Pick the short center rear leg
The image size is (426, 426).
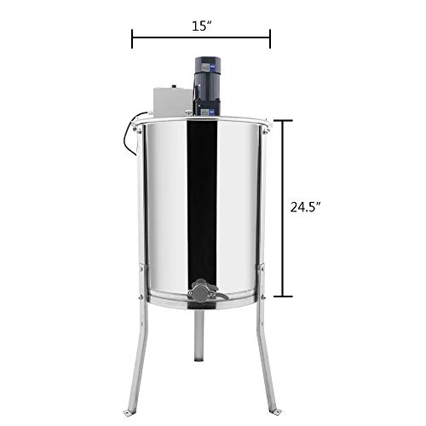tap(201, 345)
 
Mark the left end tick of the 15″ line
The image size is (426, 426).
tap(132, 37)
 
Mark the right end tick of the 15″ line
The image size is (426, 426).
tap(270, 37)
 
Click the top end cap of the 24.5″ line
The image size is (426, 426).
tap(282, 120)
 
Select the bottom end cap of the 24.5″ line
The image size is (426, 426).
tap(282, 296)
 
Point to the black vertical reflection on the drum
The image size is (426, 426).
tap(200, 196)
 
